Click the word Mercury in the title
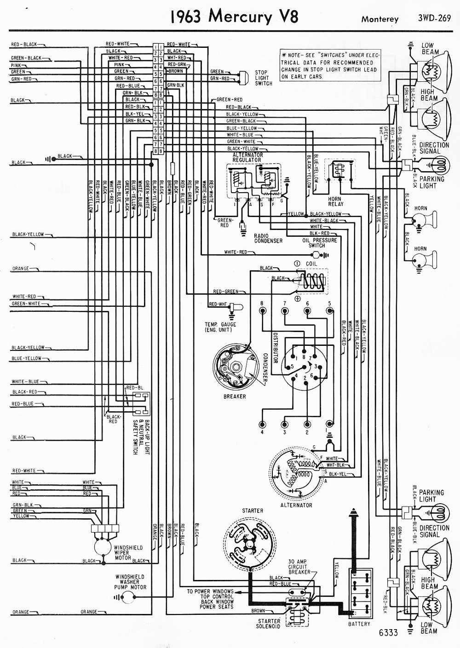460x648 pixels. [240, 17]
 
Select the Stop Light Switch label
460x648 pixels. [264, 78]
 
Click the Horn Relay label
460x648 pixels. [335, 201]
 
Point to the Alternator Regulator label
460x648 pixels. [247, 157]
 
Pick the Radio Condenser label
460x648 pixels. [268, 238]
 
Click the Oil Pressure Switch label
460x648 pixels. [320, 243]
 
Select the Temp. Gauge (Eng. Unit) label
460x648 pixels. [220, 327]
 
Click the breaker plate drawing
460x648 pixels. [235, 367]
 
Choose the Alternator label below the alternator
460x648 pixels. [296, 505]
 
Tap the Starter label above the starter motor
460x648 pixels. [253, 510]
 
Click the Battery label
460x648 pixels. [359, 624]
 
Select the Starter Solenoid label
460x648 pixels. [269, 624]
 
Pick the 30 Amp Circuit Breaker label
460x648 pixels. [299, 567]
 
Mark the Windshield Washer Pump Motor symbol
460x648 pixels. [126, 597]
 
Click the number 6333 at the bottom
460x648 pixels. [388, 633]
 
